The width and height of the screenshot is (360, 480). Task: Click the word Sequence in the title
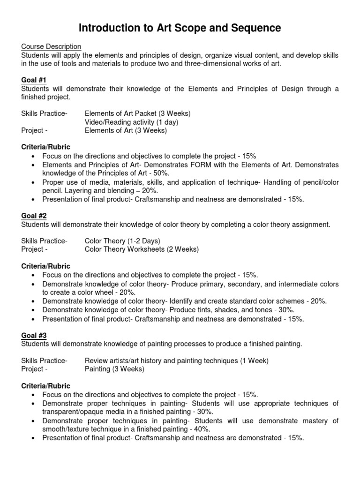click(x=254, y=28)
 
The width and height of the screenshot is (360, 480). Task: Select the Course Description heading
click(x=51, y=46)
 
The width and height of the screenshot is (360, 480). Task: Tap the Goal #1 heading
click(x=34, y=80)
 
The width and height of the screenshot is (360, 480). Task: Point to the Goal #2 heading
click(x=34, y=216)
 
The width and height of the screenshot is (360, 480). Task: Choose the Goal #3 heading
click(x=34, y=335)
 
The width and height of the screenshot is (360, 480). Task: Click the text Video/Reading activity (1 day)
click(x=131, y=122)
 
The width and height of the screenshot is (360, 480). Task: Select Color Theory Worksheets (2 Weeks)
click(x=142, y=249)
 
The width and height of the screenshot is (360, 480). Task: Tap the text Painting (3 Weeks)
click(x=114, y=369)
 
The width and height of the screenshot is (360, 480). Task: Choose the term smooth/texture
click(x=65, y=429)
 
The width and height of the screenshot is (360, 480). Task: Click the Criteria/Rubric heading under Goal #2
click(x=45, y=266)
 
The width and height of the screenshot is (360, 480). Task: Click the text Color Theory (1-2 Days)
click(x=122, y=241)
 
